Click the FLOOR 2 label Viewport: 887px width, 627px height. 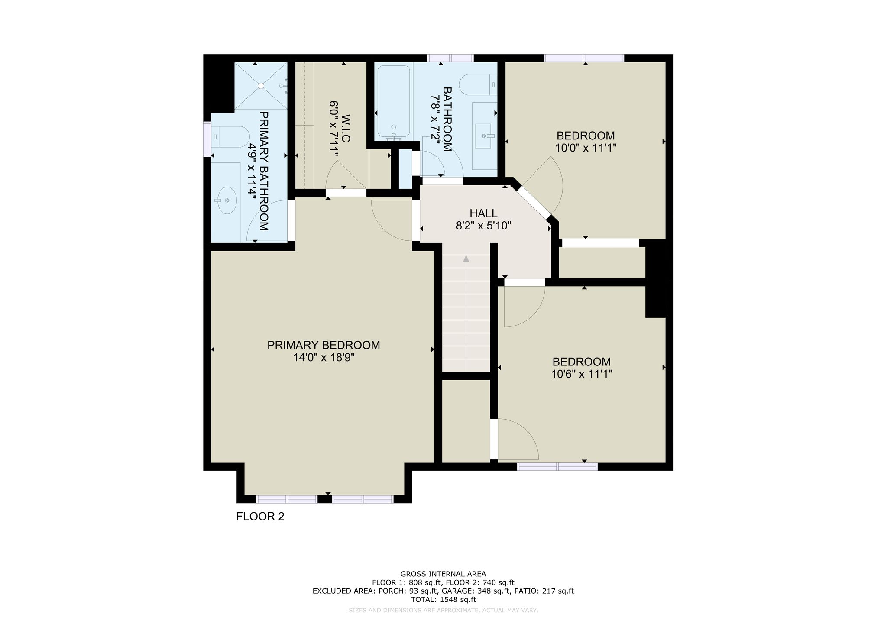pyautogui.click(x=260, y=517)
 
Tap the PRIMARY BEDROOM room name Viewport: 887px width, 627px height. pyautogui.click(x=324, y=345)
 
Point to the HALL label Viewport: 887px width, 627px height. pyautogui.click(x=483, y=213)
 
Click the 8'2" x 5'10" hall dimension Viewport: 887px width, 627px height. pyautogui.click(x=484, y=226)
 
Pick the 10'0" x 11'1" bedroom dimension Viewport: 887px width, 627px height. pyautogui.click(x=586, y=148)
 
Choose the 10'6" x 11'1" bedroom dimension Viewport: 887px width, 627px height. pyautogui.click(x=582, y=374)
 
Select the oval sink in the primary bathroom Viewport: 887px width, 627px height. pyautogui.click(x=226, y=200)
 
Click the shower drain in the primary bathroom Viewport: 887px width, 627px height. pyautogui.click(x=261, y=86)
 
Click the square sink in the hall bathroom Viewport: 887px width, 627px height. pyautogui.click(x=486, y=136)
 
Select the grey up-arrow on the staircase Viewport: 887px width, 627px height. pyautogui.click(x=466, y=259)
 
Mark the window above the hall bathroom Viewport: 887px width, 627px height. pyautogui.click(x=450, y=58)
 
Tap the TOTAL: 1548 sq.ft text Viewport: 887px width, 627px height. pyautogui.click(x=443, y=600)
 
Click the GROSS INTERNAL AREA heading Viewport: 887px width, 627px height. pyautogui.click(x=443, y=574)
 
